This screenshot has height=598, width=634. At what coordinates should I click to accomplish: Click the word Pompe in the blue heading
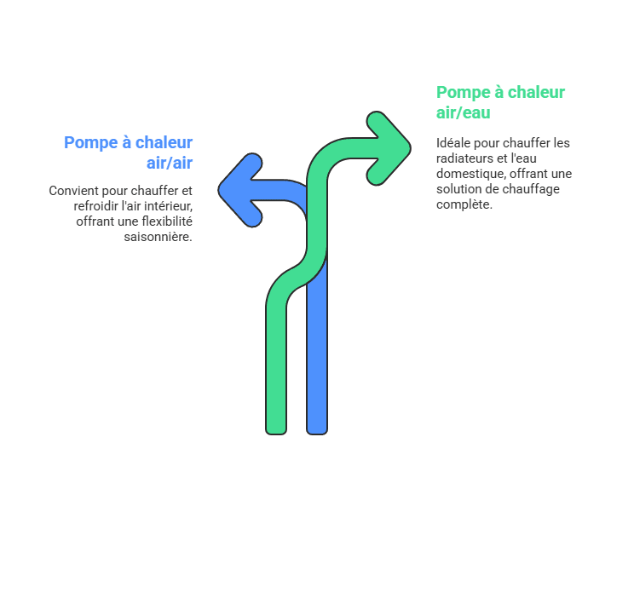click(x=89, y=142)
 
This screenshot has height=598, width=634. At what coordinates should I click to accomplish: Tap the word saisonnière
click(x=158, y=237)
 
